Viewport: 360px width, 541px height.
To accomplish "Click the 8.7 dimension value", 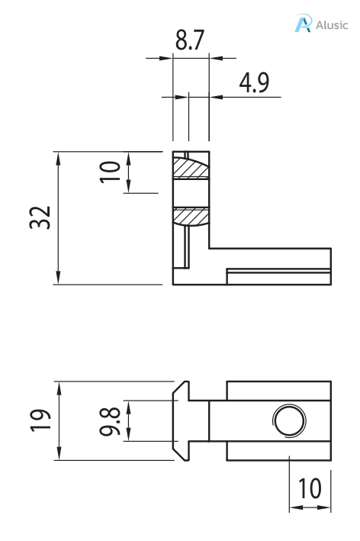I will coord(190,42).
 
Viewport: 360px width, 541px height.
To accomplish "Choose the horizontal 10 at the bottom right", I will coord(309,488).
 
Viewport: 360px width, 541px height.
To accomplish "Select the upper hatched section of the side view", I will coord(191,167).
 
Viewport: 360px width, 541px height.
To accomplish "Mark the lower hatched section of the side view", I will coord(191,216).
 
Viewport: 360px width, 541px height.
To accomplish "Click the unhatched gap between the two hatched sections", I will coord(191,192).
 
